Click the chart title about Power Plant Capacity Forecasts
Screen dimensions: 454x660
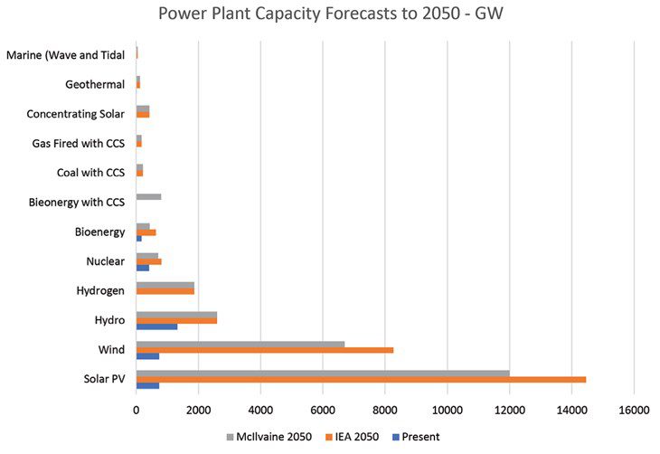[329, 15]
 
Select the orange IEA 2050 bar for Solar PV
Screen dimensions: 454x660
[361, 379]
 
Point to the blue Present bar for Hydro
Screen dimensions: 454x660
[156, 326]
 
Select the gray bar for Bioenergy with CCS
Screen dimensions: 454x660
[148, 195]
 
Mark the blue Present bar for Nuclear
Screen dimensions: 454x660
[142, 268]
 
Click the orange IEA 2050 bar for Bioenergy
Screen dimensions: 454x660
[146, 232]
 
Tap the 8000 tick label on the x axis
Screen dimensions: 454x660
[384, 410]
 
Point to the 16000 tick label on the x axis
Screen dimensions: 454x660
[633, 410]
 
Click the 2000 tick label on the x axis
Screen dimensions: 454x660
[198, 410]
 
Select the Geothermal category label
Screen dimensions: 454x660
[95, 84]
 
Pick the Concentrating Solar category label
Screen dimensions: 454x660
[75, 114]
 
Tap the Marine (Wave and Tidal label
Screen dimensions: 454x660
[65, 55]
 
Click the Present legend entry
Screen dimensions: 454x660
[415, 437]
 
